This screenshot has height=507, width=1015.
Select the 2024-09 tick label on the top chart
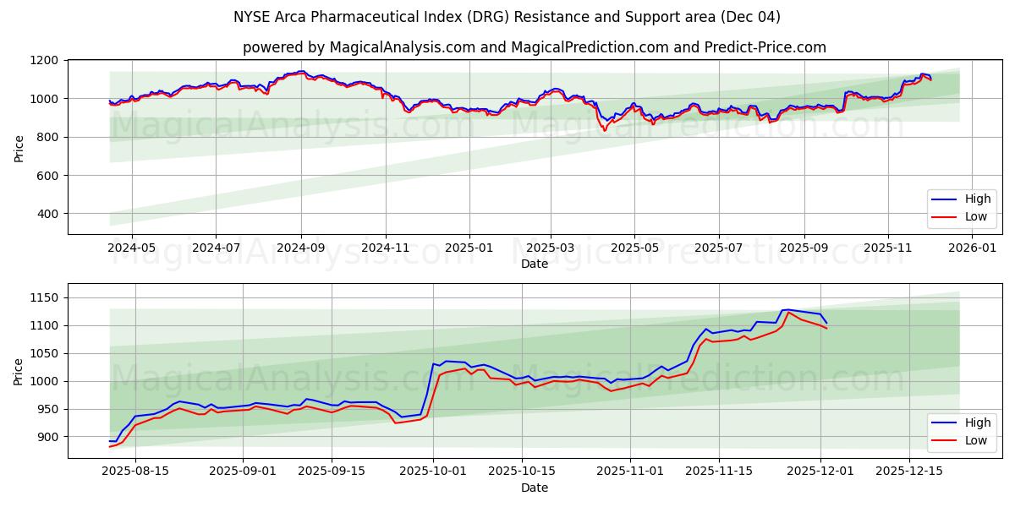click(x=301, y=248)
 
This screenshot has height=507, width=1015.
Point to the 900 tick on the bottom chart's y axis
click(x=49, y=437)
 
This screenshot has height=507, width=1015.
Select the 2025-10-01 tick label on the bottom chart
click(x=433, y=472)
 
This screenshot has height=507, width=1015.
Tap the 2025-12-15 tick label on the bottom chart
click(x=909, y=472)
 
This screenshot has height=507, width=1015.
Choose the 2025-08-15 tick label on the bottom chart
click(x=135, y=472)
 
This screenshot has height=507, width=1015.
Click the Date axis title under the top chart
click(x=535, y=264)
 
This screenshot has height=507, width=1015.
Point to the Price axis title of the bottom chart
click(x=19, y=372)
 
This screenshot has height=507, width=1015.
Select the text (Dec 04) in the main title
click(x=750, y=17)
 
